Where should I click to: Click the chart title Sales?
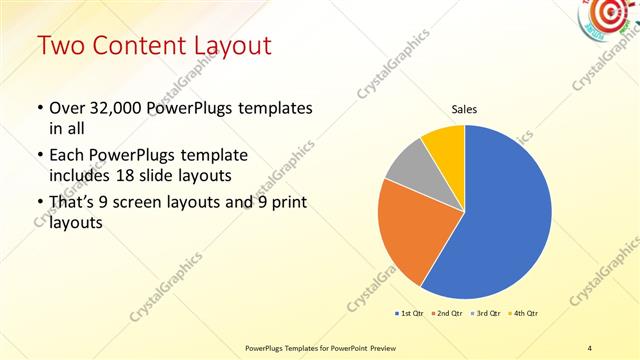click(x=464, y=109)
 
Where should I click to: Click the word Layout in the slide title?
click(x=233, y=46)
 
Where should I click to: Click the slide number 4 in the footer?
click(x=590, y=347)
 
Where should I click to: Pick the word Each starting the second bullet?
click(x=67, y=156)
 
